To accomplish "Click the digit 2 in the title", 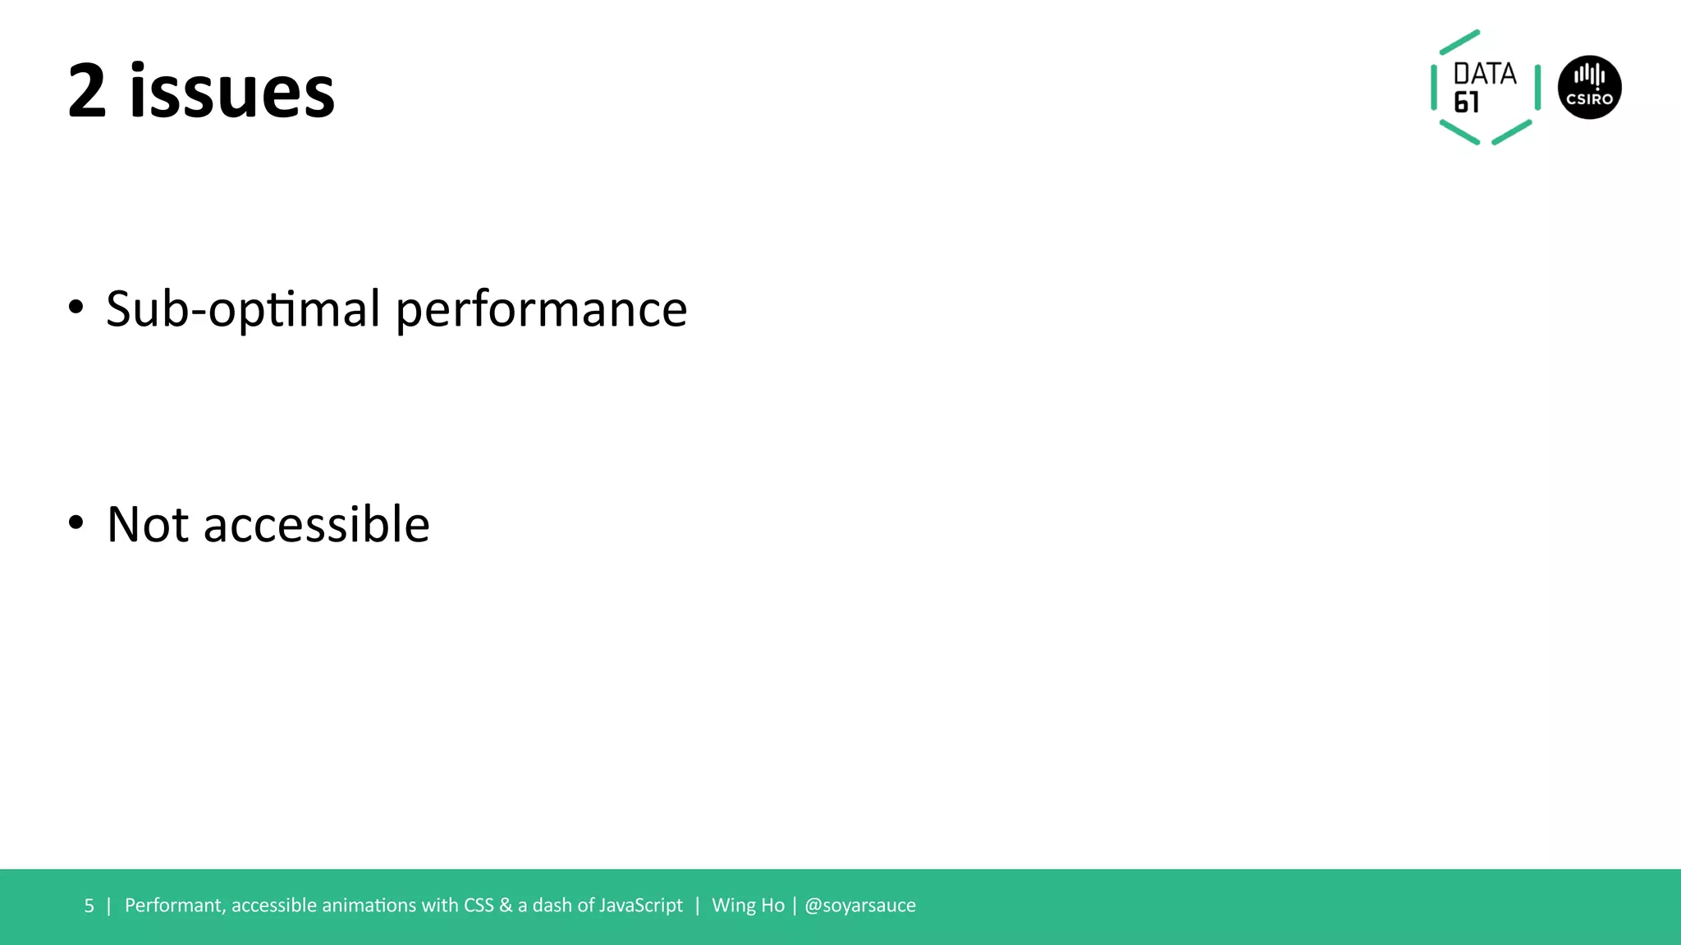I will [x=87, y=92].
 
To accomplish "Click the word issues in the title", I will [x=232, y=92].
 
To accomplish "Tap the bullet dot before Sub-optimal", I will [x=76, y=307].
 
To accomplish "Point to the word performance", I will [x=542, y=310].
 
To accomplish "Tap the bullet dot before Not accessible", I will [x=76, y=523].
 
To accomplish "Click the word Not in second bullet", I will [x=148, y=525].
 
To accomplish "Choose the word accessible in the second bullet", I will [x=317, y=525].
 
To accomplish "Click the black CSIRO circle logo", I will [x=1589, y=88].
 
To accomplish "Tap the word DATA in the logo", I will [x=1485, y=74].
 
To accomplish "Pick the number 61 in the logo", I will [x=1467, y=103].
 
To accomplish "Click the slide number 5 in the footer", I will [x=89, y=906].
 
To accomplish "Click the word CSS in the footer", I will [x=479, y=906].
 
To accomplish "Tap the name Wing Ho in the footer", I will [x=748, y=906].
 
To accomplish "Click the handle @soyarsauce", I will [x=860, y=906].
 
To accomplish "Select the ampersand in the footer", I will [x=506, y=906].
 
